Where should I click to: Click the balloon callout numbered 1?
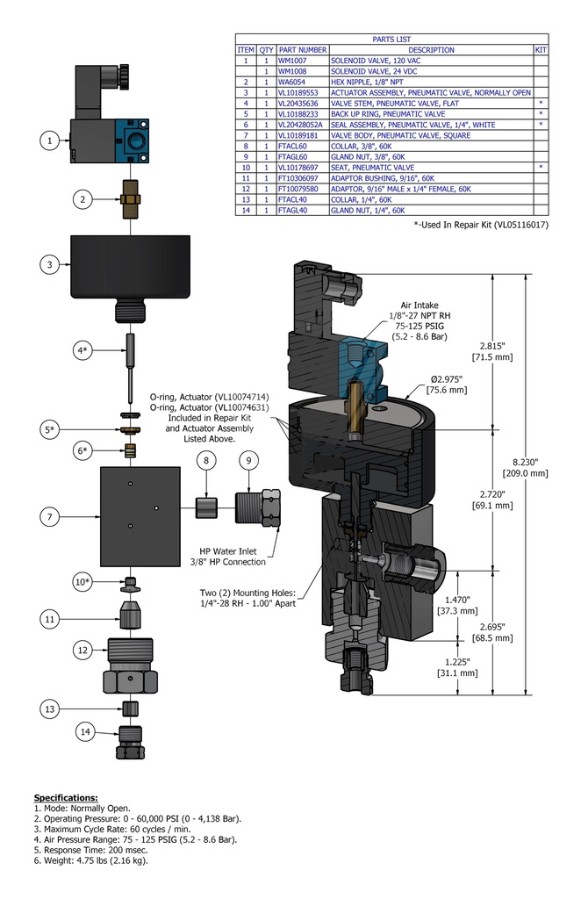click(x=50, y=140)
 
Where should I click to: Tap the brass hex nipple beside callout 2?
click(x=130, y=199)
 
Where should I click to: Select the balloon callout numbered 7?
click(x=50, y=517)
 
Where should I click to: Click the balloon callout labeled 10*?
click(x=82, y=582)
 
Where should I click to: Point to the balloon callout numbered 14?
click(x=85, y=730)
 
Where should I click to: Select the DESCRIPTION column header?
click(x=431, y=50)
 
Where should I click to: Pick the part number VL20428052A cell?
click(x=301, y=125)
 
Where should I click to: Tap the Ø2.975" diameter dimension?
click(x=448, y=385)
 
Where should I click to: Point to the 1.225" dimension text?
click(x=456, y=666)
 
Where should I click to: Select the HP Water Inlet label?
click(x=233, y=556)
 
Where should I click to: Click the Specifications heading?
click(x=66, y=797)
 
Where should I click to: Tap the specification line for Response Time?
click(x=89, y=850)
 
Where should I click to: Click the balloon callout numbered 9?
click(x=248, y=460)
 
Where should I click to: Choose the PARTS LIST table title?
click(x=391, y=40)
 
